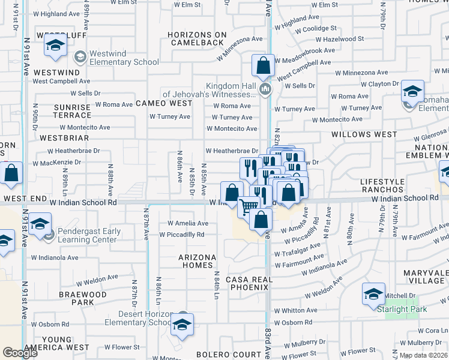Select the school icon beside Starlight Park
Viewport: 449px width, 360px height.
[x=373, y=294]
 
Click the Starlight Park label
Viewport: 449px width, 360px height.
[x=402, y=309]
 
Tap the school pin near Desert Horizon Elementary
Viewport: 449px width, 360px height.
[x=181, y=326]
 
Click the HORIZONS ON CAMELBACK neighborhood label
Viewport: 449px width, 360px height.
[x=197, y=38]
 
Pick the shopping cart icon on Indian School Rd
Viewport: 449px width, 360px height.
[x=249, y=207]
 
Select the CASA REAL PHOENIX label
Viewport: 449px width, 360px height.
[x=249, y=283]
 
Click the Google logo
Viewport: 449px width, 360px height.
[x=20, y=352]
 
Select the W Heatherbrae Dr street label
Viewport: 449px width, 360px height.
[x=231, y=151]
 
